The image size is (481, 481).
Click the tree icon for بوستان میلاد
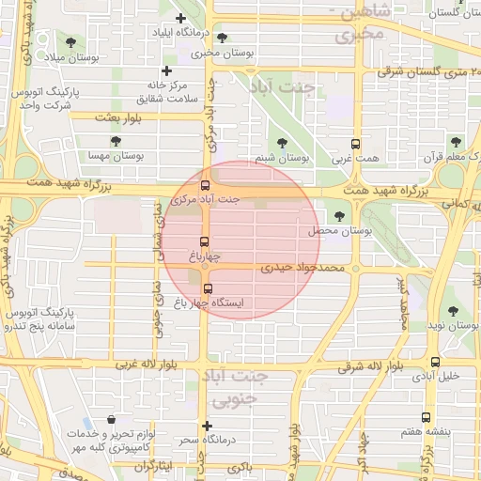coord(71,41)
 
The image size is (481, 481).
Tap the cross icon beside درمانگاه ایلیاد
coord(180,18)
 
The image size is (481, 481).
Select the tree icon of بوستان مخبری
coord(222,38)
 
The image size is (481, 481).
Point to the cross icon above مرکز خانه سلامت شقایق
coord(166,70)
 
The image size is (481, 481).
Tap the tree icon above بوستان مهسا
coord(116,141)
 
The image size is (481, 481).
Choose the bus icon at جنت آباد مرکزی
coord(205,184)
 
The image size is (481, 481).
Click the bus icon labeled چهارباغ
coord(205,241)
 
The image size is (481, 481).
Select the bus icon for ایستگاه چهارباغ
coord(208,288)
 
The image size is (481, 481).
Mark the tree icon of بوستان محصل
coord(339,216)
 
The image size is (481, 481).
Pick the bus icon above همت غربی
coord(354,145)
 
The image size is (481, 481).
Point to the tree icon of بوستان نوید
coord(453,310)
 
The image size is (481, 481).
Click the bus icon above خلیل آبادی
coord(435,362)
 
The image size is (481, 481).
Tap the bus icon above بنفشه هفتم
coord(426,417)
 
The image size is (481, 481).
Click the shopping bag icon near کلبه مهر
coord(112,420)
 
